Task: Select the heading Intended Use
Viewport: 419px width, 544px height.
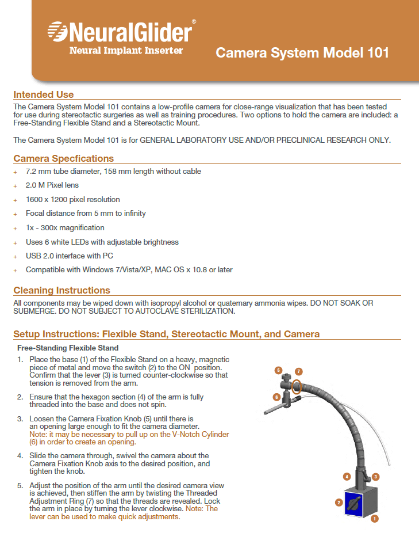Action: point(43,94)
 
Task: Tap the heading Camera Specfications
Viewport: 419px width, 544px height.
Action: point(63,158)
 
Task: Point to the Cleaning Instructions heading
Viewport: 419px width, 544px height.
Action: point(61,290)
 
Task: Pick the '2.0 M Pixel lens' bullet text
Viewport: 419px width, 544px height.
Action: point(52,185)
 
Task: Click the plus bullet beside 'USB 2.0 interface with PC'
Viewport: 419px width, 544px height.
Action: point(16,256)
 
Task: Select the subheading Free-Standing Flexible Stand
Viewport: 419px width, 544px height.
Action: point(68,348)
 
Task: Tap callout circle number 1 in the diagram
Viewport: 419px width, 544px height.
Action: point(375,518)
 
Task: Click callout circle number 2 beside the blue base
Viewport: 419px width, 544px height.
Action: point(339,503)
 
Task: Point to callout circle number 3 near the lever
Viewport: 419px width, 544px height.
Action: point(375,477)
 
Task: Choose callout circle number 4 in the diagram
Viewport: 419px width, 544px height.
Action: point(347,476)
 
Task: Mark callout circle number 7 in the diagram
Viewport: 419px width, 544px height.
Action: point(299,371)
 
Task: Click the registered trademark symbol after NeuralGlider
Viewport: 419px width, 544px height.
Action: point(194,21)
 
